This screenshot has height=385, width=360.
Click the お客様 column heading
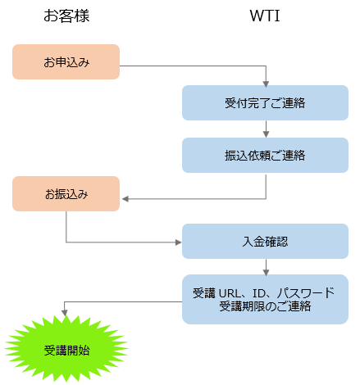coord(66,16)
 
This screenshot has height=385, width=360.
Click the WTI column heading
coord(266,16)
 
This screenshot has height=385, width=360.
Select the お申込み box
coord(66,62)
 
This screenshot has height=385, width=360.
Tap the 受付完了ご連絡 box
coord(266,104)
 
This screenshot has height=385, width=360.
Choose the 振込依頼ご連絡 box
coord(266,155)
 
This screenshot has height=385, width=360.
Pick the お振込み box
coord(66,194)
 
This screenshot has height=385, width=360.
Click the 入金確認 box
coord(266,242)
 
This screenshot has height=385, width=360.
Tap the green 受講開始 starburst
coord(66,350)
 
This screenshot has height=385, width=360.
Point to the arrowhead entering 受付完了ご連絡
coord(266,83)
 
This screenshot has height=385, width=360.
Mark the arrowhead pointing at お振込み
coord(125,198)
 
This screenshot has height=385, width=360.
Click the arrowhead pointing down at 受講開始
coord(66,314)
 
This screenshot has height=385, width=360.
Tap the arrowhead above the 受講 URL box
coord(266,271)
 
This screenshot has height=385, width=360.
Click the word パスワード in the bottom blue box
coord(305,292)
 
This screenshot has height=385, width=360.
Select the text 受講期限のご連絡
coord(266,307)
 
